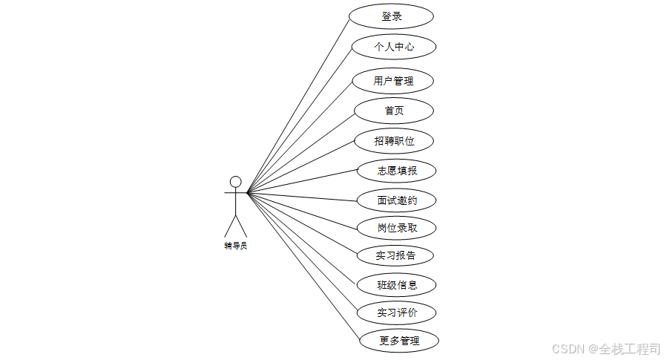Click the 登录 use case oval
(392, 16)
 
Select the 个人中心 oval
(393, 48)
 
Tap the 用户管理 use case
(393, 81)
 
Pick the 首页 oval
(394, 111)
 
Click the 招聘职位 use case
(394, 140)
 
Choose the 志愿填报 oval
(396, 171)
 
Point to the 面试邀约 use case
(396, 200)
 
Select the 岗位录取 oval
(396, 228)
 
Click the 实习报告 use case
(395, 256)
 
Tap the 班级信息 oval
(396, 284)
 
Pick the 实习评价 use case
(396, 312)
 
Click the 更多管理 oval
(399, 341)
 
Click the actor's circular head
(236, 182)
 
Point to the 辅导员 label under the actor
(235, 246)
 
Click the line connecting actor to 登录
(298, 105)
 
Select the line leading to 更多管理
(303, 266)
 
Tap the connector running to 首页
(300, 152)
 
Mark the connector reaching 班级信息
(302, 238)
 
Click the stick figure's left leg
(230, 226)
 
